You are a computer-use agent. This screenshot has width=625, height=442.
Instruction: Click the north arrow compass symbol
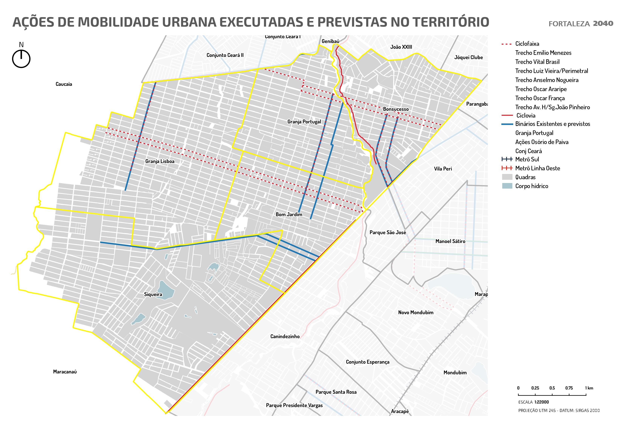[21, 58]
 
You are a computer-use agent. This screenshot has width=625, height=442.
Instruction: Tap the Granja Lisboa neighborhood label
[160, 161]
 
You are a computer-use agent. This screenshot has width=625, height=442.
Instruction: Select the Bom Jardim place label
[289, 214]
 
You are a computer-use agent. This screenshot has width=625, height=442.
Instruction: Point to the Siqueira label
[153, 294]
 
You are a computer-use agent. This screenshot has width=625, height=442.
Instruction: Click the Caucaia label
[64, 84]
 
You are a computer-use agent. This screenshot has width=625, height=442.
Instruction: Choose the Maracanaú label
[65, 372]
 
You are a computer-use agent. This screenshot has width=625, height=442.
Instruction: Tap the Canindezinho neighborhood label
[285, 336]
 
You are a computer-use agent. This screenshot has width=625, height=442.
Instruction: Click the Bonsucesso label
[396, 109]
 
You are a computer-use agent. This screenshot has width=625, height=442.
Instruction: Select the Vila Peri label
[443, 169]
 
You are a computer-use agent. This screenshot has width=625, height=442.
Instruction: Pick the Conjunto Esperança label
[367, 362]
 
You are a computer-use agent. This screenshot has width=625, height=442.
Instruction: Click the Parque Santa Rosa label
[336, 392]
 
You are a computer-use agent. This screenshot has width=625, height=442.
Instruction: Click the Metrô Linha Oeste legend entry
[537, 168]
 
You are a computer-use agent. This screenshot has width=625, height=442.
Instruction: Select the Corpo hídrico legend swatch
[507, 186]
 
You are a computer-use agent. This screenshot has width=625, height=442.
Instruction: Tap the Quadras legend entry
[525, 177]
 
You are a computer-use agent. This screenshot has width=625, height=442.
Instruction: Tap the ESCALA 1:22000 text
[533, 402]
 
